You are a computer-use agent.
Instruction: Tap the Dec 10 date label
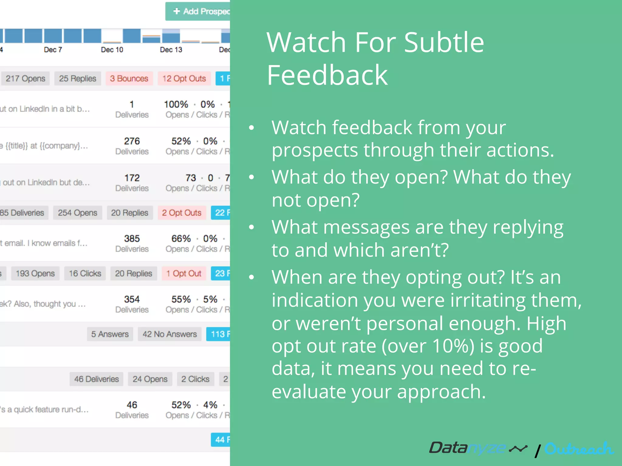(112, 50)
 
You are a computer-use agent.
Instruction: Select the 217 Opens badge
(25, 79)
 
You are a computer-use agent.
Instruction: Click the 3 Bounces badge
(129, 79)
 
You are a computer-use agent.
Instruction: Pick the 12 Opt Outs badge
(184, 79)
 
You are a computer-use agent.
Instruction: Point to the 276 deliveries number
(132, 141)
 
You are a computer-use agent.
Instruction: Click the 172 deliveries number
(132, 178)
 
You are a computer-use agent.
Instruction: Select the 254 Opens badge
(77, 213)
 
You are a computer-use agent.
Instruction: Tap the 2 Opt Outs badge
(182, 213)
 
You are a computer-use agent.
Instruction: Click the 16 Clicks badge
(85, 273)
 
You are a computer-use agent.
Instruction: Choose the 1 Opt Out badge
(184, 273)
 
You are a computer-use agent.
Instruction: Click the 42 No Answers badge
(169, 334)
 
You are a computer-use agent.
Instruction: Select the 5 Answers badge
(110, 334)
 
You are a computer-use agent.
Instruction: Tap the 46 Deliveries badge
(96, 379)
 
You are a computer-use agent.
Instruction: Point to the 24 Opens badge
(150, 379)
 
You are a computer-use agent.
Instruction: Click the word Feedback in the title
(327, 75)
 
